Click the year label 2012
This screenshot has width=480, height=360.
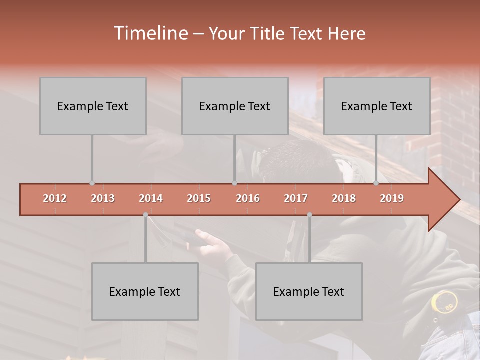pos(55,198)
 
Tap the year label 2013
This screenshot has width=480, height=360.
pos(103,198)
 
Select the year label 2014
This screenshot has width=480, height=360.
pos(151,198)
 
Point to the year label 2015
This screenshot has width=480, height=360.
pos(199,198)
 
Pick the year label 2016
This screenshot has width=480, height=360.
pos(248,198)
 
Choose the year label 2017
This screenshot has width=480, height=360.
pos(296,198)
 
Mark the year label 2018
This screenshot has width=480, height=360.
pos(344,198)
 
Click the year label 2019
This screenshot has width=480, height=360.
pos(392,198)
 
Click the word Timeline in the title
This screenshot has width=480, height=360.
pos(150,33)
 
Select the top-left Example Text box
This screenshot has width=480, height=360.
pos(93,106)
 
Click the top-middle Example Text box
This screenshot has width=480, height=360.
pos(235,106)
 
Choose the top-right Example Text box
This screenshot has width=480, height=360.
pos(377,106)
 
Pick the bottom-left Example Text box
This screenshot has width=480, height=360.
pos(145,291)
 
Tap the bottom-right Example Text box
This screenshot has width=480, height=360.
pos(309,291)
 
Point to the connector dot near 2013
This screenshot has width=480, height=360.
pos(92,183)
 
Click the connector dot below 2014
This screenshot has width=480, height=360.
pos(145,215)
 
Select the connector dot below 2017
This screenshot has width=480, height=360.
pos(309,215)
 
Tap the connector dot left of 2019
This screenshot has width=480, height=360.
pos(376,183)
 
